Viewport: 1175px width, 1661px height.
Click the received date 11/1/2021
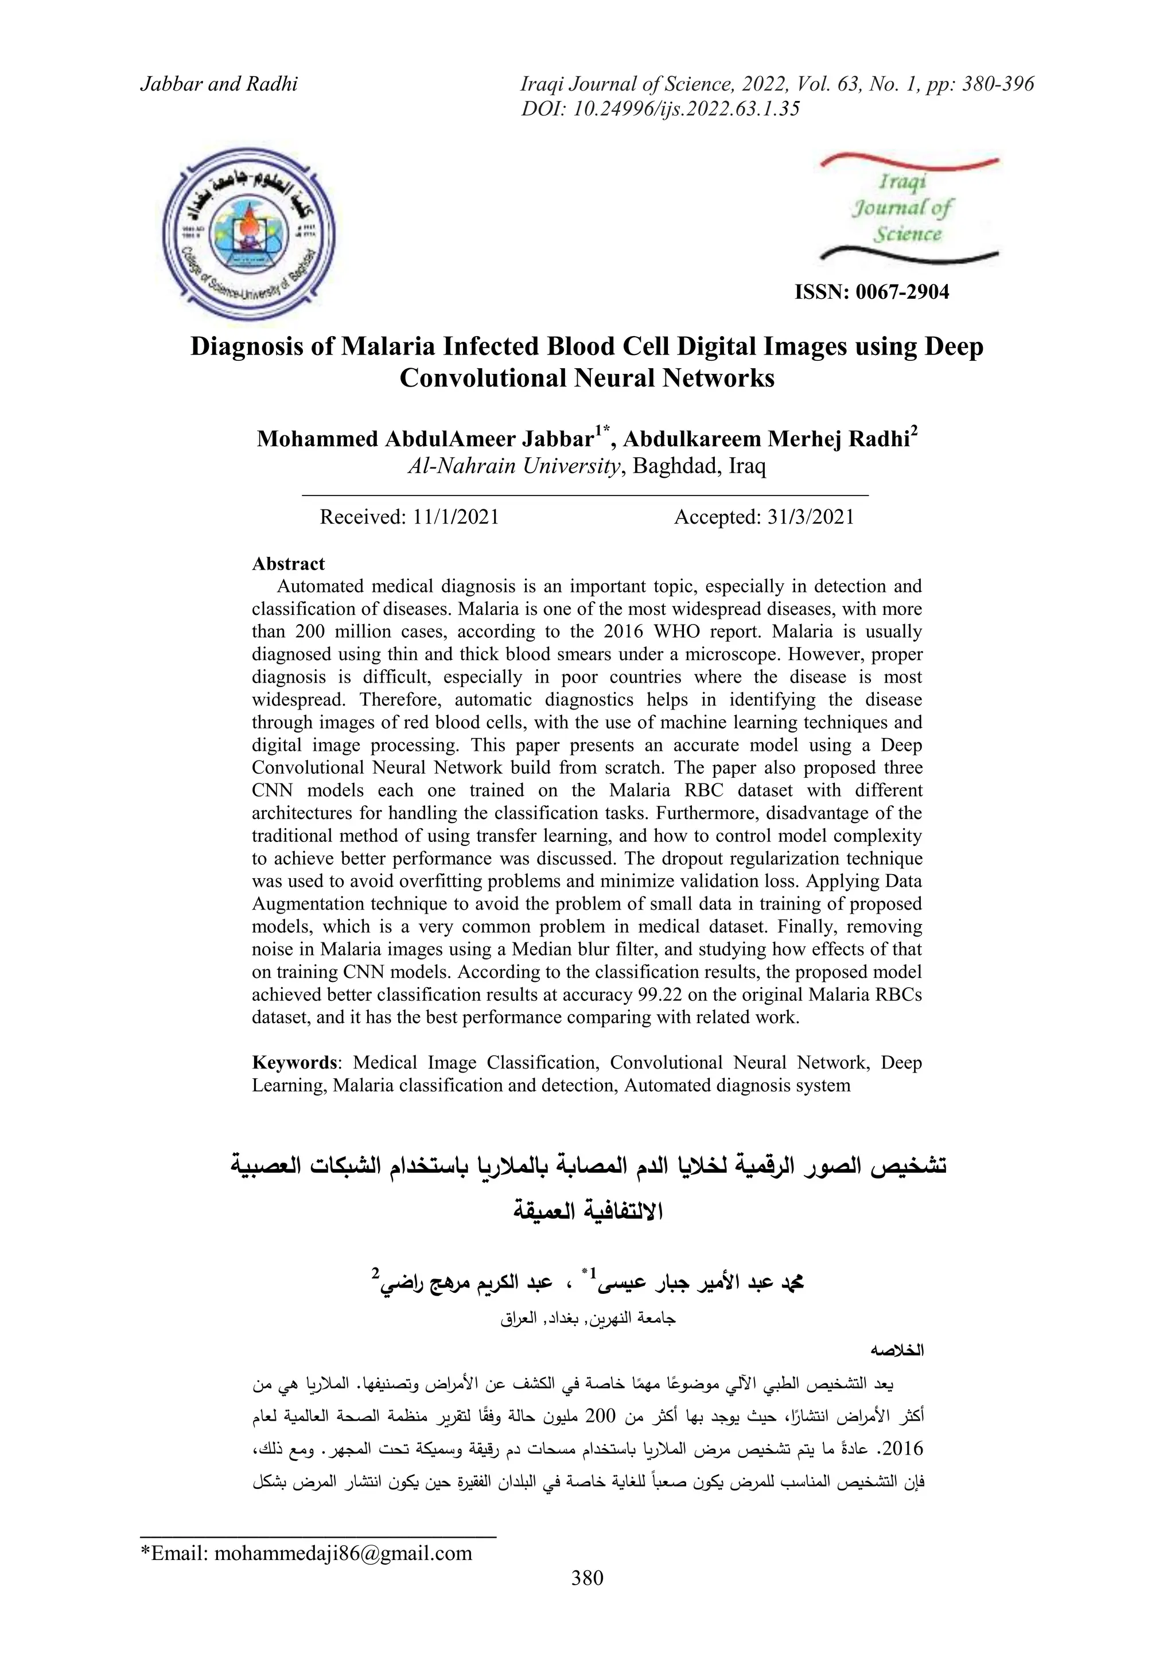click(456, 517)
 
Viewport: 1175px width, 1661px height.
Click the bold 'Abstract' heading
click(288, 564)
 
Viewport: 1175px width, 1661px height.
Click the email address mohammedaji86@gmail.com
click(343, 1553)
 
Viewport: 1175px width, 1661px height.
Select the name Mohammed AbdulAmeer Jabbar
click(425, 439)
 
